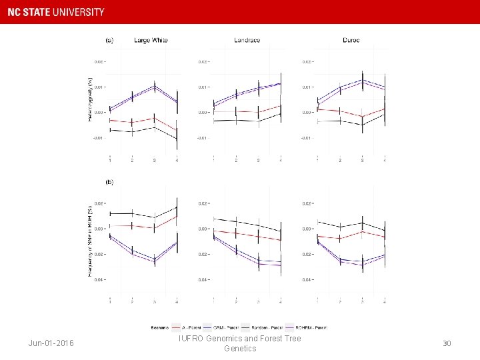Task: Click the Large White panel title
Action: click(151, 40)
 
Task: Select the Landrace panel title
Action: click(247, 40)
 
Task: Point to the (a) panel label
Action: click(109, 40)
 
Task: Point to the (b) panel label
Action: click(109, 181)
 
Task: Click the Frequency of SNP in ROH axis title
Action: click(90, 241)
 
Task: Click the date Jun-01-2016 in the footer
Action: click(51, 343)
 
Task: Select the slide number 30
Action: click(447, 343)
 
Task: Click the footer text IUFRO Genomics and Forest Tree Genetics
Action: click(240, 343)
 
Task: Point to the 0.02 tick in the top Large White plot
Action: click(98, 62)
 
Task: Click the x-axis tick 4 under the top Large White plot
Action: click(176, 160)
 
